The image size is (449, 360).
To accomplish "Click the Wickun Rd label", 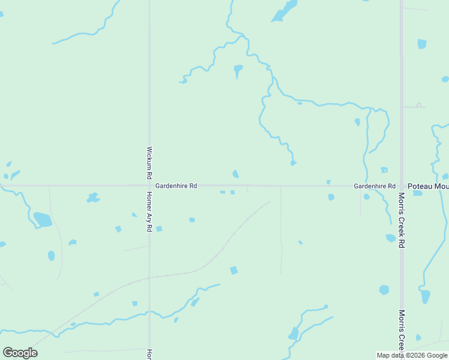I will (x=149, y=163).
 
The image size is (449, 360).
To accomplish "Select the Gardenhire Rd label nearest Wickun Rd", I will (x=176, y=187).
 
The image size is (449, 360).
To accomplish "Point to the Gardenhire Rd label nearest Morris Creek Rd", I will (x=374, y=187).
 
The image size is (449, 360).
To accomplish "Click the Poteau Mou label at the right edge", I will (x=428, y=187).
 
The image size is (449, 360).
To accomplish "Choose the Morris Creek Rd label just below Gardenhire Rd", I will (x=402, y=220).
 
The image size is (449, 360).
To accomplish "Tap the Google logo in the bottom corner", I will (x=20, y=353).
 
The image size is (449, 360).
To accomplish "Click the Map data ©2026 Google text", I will (x=412, y=355).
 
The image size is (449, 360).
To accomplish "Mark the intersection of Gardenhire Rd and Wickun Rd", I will (x=149, y=185).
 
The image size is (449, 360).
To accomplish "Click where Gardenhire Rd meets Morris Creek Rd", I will (x=402, y=185).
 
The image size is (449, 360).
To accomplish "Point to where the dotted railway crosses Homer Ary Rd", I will (x=149, y=278).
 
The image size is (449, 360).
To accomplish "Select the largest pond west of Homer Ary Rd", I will (x=43, y=220).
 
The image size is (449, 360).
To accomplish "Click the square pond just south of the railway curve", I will (x=234, y=271).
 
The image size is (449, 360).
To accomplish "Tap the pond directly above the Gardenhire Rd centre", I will (x=235, y=174).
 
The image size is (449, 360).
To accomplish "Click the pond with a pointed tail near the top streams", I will (x=238, y=70).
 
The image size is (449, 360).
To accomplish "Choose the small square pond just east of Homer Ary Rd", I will (x=159, y=229).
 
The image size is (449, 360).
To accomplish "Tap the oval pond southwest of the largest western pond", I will (x=51, y=256).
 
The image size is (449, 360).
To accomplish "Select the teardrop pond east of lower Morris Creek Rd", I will (x=426, y=296).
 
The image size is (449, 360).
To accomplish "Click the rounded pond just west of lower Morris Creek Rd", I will (x=384, y=290).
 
